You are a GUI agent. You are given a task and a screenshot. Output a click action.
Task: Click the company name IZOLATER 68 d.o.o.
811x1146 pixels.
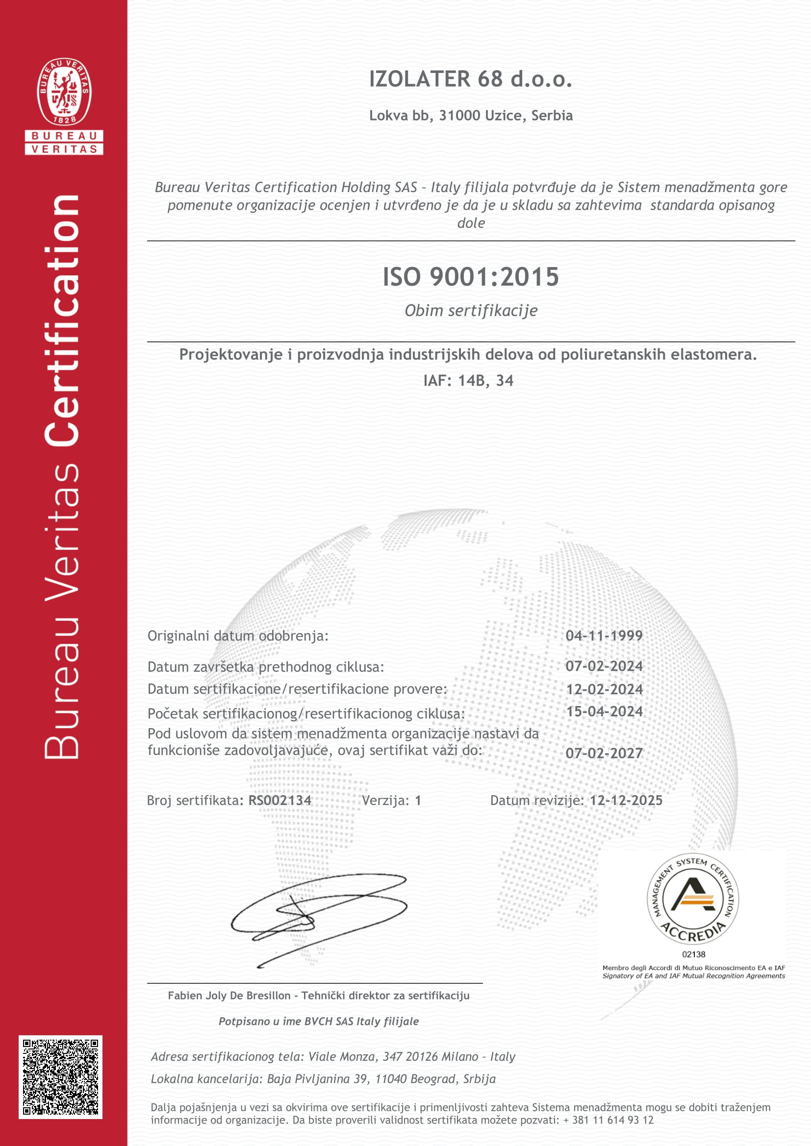click(x=470, y=79)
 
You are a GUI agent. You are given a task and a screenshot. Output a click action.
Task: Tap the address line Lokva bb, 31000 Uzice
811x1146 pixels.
click(x=470, y=115)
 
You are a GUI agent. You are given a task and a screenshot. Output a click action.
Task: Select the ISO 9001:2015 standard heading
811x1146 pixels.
click(x=470, y=276)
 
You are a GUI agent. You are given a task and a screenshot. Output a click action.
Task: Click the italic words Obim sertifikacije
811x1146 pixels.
click(x=470, y=311)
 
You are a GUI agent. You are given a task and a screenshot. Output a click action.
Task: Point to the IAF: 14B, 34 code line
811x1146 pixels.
click(x=468, y=381)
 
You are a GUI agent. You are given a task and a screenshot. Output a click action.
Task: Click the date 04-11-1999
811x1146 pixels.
click(x=604, y=635)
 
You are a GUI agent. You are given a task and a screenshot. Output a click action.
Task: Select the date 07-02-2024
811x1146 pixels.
click(x=604, y=666)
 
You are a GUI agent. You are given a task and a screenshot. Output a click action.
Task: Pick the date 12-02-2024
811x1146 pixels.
click(x=604, y=689)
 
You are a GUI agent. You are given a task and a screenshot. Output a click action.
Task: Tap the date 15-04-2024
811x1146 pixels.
click(x=604, y=711)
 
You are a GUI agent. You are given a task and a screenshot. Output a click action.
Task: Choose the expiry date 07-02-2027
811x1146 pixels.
click(x=604, y=753)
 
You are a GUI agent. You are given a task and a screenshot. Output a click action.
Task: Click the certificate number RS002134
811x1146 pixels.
click(x=279, y=801)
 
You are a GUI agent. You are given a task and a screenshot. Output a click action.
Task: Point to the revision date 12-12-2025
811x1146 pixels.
click(x=626, y=801)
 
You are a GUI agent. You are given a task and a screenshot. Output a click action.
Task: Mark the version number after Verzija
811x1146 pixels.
click(x=418, y=801)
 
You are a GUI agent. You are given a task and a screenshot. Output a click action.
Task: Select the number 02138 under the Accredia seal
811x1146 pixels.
click(x=694, y=954)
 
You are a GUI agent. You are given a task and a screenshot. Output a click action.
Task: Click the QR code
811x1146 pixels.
click(x=60, y=1077)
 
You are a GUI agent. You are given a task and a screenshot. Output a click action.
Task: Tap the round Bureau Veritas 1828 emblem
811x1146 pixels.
click(x=64, y=91)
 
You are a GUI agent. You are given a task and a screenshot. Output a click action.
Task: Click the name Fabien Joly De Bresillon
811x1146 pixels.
click(x=228, y=996)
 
